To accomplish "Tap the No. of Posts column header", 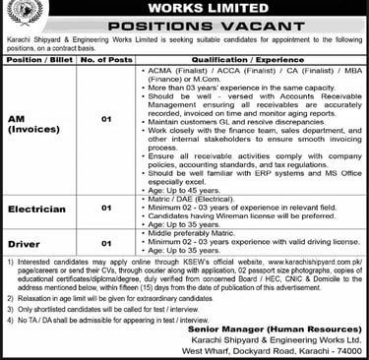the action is click(106, 59).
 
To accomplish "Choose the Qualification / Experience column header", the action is click(249, 59).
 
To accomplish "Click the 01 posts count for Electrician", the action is click(106, 209).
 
